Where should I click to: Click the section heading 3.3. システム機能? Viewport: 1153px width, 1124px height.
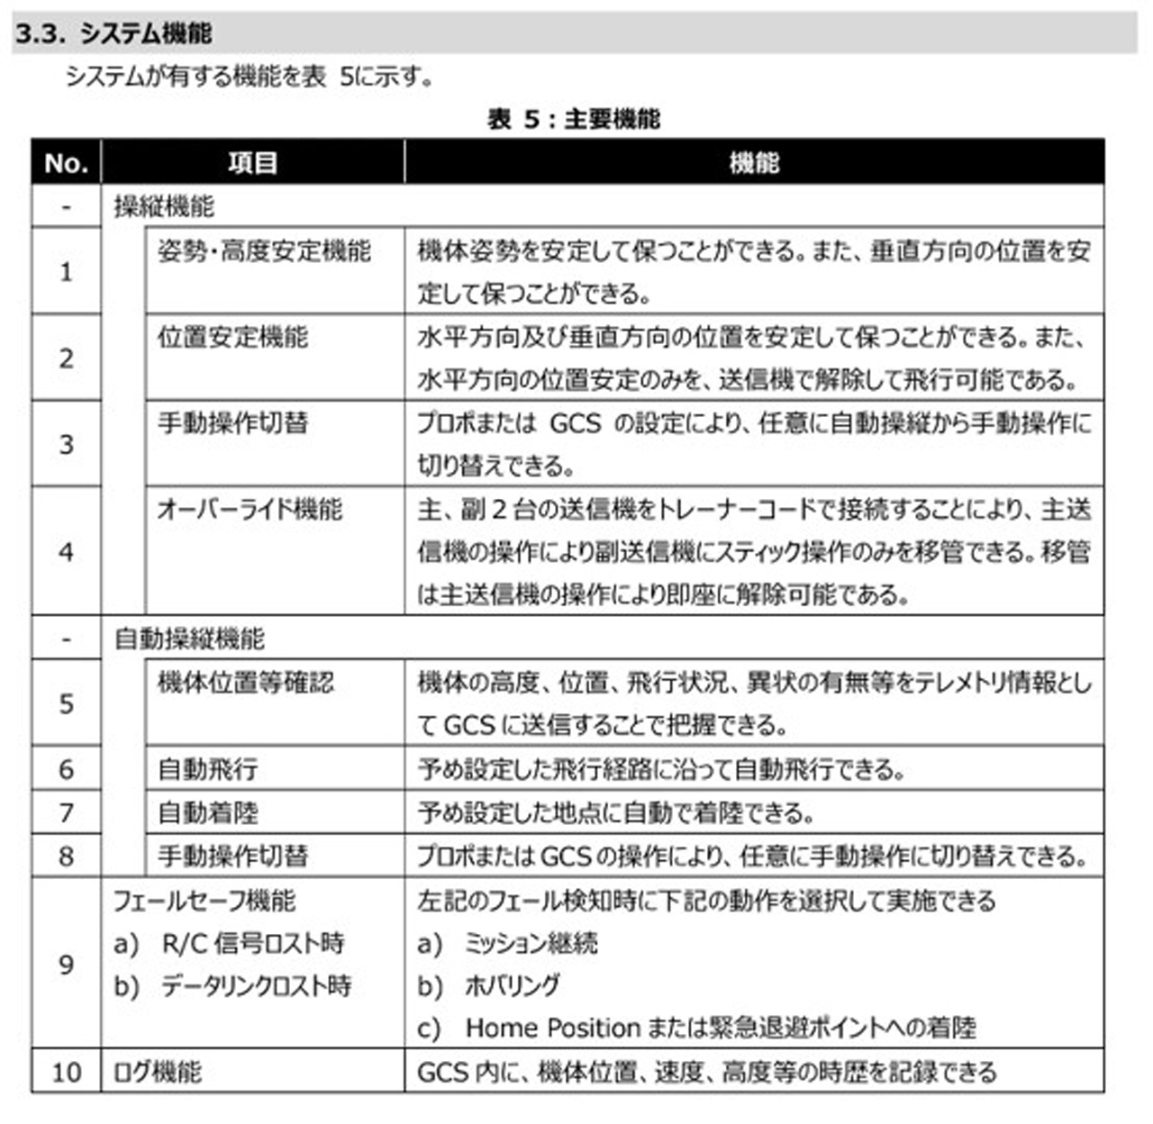pyautogui.click(x=113, y=34)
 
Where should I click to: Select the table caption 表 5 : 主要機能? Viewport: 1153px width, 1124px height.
pyautogui.click(x=574, y=119)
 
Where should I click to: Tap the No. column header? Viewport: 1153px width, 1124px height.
pyautogui.click(x=66, y=163)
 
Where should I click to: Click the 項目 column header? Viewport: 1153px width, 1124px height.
pyautogui.click(x=252, y=163)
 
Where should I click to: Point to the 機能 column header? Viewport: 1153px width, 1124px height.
pyautogui.click(x=754, y=163)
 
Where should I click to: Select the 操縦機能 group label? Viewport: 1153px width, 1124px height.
pyautogui.click(x=164, y=206)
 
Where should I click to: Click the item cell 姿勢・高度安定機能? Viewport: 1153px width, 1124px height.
pyautogui.click(x=264, y=251)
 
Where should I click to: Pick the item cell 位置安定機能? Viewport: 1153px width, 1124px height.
pyautogui.click(x=232, y=338)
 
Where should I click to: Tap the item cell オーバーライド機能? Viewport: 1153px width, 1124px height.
pyautogui.click(x=250, y=510)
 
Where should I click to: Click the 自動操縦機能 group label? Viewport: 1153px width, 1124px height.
pyautogui.click(x=189, y=639)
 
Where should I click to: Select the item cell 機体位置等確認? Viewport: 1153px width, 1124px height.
pyautogui.click(x=245, y=683)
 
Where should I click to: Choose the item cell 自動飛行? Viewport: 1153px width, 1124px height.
pyautogui.click(x=208, y=769)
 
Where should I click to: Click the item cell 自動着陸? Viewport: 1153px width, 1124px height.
pyautogui.click(x=208, y=812)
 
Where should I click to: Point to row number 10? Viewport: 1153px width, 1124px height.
pyautogui.click(x=66, y=1073)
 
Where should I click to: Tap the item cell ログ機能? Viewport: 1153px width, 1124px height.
pyautogui.click(x=158, y=1073)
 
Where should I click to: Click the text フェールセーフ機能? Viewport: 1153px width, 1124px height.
pyautogui.click(x=204, y=900)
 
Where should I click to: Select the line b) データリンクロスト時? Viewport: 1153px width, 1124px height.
pyautogui.click(x=232, y=986)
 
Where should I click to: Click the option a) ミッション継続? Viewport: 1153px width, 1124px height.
pyautogui.click(x=507, y=943)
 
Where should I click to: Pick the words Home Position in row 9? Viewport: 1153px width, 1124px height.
pyautogui.click(x=552, y=1028)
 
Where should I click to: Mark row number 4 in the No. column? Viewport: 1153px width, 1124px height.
pyautogui.click(x=66, y=552)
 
